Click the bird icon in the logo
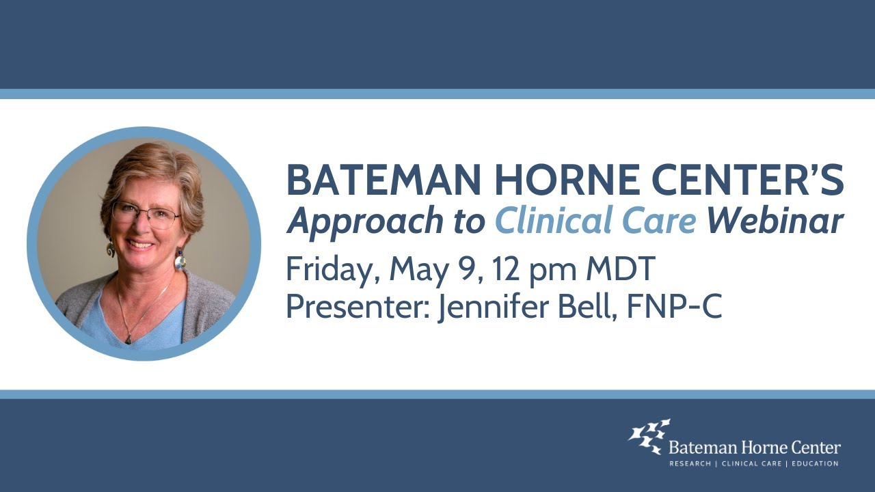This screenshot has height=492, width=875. tap(648, 436)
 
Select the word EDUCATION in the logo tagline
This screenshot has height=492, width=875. tap(812, 464)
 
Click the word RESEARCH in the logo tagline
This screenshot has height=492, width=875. tap(688, 464)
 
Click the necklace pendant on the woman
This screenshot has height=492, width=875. tap(128, 337)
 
